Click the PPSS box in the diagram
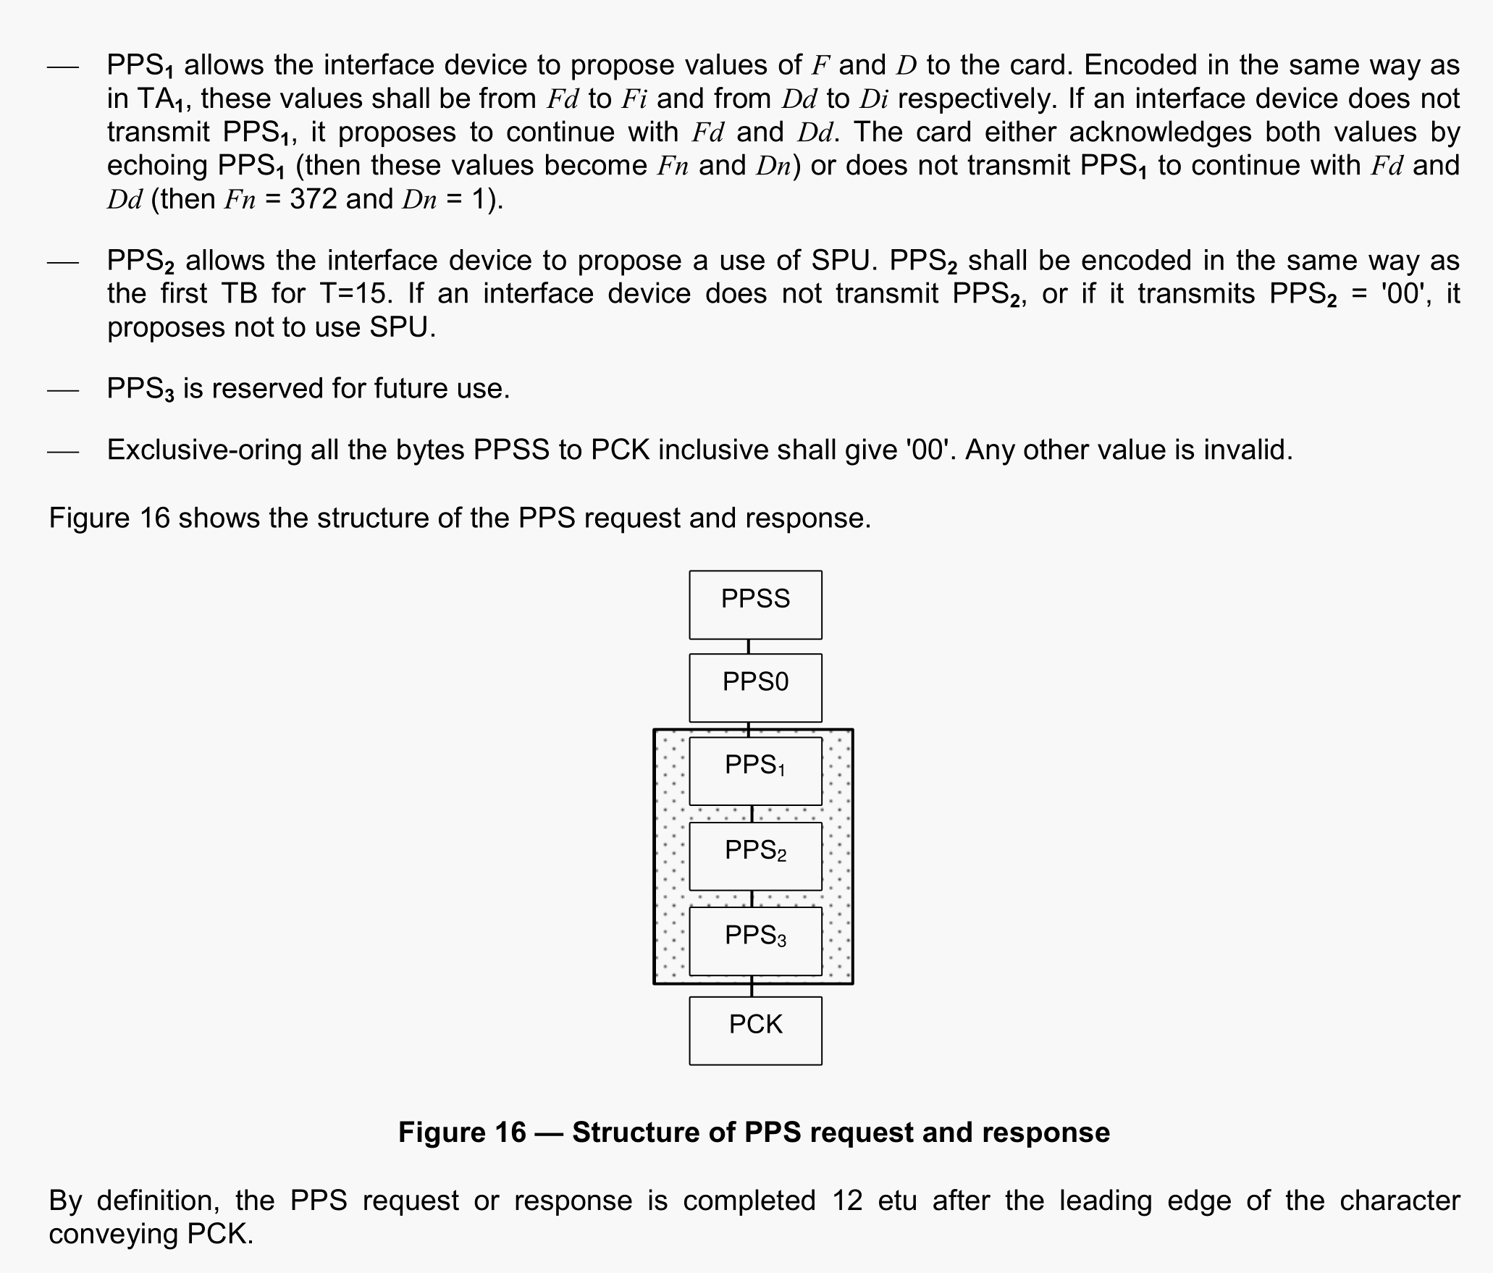click(x=755, y=605)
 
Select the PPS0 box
click(x=755, y=687)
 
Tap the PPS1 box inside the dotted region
click(x=755, y=770)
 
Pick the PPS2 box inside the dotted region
click(x=755, y=855)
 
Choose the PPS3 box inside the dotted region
click(x=755, y=941)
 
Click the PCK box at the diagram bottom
click(x=755, y=1030)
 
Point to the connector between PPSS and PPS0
click(x=749, y=647)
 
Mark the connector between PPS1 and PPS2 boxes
click(x=752, y=814)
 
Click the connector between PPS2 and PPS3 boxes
click(x=752, y=899)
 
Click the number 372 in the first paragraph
click(x=313, y=199)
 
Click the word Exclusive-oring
click(x=204, y=450)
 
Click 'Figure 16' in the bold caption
click(x=462, y=1133)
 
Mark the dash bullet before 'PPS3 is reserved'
click(x=63, y=390)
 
